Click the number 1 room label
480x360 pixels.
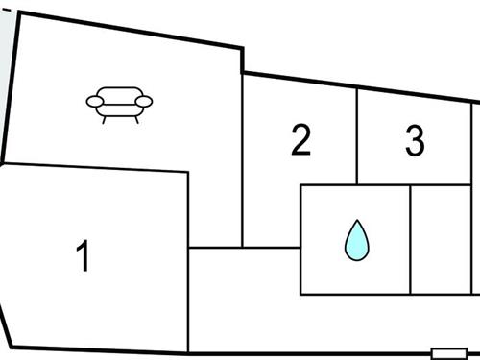[84, 256]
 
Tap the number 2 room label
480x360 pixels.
[300, 141]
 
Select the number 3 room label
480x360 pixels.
[415, 141]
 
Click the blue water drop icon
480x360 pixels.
[355, 240]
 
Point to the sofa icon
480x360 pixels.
[120, 104]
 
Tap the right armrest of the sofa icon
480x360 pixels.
[144, 100]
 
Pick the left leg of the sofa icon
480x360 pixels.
[105, 119]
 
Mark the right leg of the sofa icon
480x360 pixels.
[136, 119]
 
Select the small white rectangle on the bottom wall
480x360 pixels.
[447, 353]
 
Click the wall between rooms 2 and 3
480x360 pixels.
[357, 134]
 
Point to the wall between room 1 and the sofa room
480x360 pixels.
[96, 169]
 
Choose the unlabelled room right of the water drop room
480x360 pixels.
[442, 240]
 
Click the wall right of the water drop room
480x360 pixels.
[411, 240]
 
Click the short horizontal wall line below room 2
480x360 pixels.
[245, 248]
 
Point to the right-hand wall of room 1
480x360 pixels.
[188, 259]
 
